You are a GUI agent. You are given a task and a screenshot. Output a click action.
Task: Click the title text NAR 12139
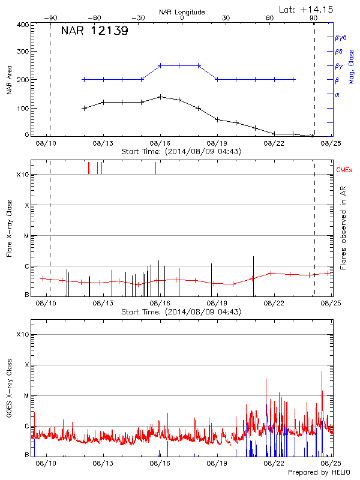tap(94, 31)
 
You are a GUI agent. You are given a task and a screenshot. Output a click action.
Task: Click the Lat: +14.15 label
tap(307, 9)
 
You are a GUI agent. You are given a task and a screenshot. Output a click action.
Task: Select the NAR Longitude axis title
tap(182, 12)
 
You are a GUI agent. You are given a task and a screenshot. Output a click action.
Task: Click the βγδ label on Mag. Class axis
tap(341, 37)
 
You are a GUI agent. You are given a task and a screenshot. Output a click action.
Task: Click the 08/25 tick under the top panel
tap(330, 144)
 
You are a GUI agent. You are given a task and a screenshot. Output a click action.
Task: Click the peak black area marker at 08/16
tap(160, 97)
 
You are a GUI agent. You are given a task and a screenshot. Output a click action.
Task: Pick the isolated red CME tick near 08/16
tap(155, 167)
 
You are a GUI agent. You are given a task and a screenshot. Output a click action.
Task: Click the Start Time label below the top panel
tap(181, 152)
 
